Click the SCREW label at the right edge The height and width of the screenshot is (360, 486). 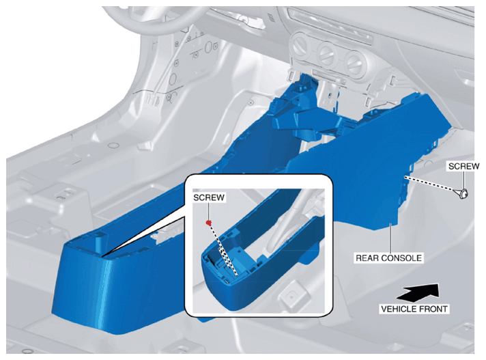click(x=463, y=166)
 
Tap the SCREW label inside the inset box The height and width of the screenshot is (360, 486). click(x=209, y=197)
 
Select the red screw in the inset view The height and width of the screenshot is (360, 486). click(x=210, y=222)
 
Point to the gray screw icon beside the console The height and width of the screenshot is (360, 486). click(x=463, y=194)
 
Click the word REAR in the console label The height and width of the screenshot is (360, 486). click(x=367, y=258)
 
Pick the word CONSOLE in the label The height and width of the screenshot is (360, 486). click(x=401, y=258)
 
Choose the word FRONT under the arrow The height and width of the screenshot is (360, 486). click(x=433, y=309)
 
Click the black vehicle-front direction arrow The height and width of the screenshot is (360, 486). click(x=418, y=292)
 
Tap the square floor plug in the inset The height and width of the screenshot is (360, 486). click(x=291, y=296)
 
